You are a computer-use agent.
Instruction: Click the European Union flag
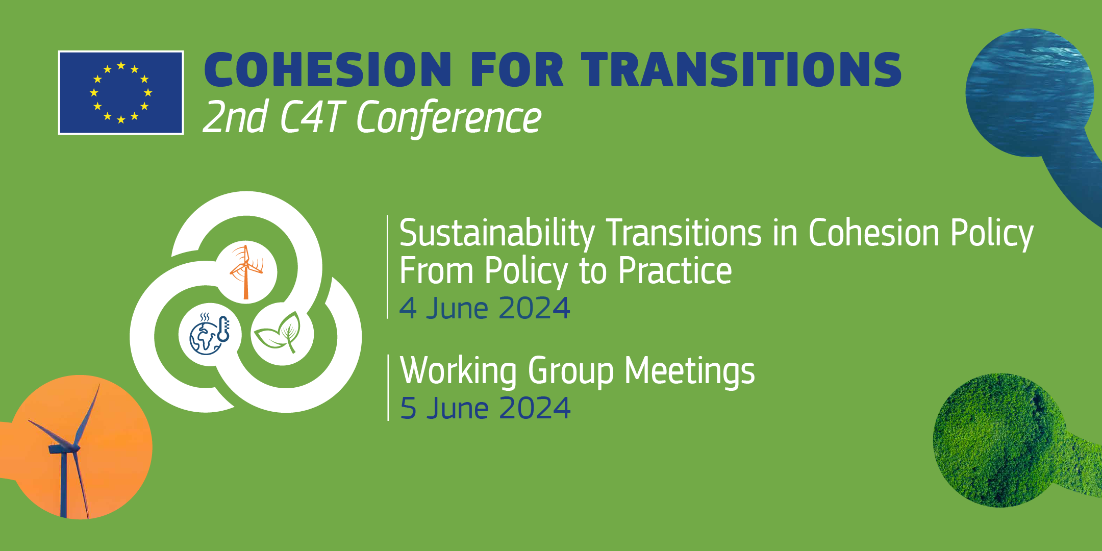121,92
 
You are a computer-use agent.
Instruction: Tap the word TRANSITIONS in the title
741,69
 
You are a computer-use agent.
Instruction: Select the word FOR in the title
516,69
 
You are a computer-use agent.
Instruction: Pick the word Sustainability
497,234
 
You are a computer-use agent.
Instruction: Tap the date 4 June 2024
485,308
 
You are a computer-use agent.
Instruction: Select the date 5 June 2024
485,408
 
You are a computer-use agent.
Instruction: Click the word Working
459,371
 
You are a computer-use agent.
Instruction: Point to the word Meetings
690,371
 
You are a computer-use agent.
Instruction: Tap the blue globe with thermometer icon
210,334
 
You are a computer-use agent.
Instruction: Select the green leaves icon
278,332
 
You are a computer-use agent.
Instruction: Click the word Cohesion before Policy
874,234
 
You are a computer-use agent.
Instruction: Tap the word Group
571,371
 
